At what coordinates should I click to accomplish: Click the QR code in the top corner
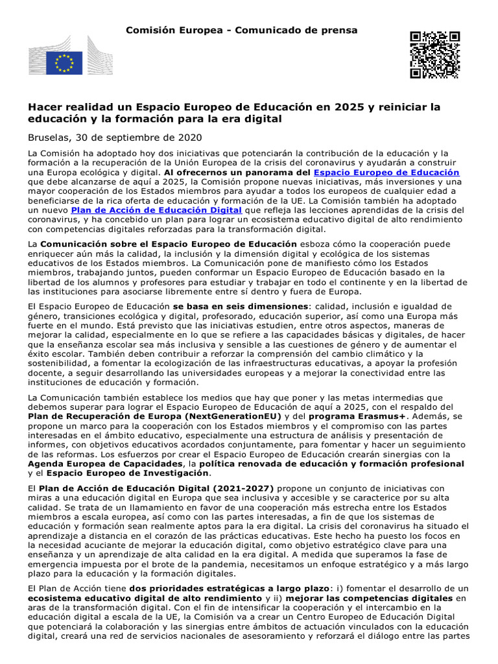434,54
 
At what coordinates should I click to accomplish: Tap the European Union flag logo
64,63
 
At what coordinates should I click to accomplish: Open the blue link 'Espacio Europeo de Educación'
386,172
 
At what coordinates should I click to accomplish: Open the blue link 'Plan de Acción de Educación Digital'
156,210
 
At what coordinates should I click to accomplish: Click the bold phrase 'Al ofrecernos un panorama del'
237,172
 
